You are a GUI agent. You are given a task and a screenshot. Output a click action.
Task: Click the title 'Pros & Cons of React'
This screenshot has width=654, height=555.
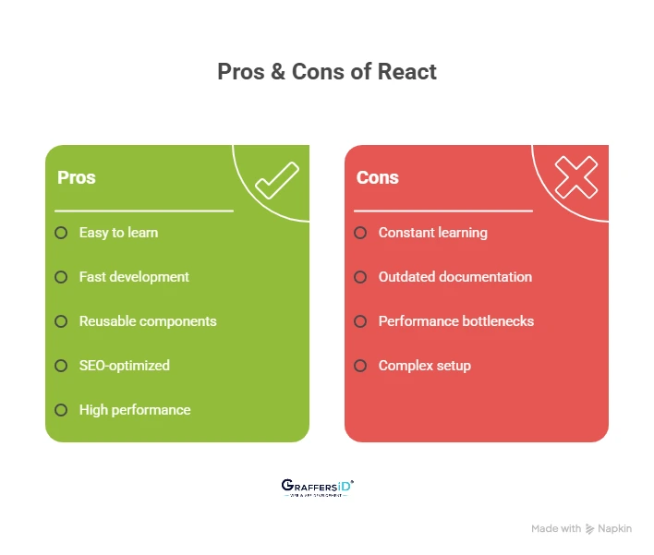point(327,72)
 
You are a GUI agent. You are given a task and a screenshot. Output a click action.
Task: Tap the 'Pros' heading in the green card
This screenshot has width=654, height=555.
point(77,177)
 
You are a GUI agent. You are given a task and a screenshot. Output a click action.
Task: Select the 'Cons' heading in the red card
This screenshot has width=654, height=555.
point(378,177)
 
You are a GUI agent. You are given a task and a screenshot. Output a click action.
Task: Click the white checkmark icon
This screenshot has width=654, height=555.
point(276,180)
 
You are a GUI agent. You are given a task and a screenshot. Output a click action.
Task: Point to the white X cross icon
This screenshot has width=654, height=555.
point(575,176)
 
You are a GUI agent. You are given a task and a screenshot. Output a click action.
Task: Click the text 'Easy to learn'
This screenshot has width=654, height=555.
point(118,233)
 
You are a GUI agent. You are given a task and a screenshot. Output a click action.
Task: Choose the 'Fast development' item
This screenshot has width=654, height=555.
point(134,277)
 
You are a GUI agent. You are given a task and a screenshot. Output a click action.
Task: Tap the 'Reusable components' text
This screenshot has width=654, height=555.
point(148,321)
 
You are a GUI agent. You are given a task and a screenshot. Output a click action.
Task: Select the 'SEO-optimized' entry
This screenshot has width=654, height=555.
point(125,366)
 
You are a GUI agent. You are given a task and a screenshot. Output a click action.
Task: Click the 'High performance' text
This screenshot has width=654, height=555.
point(135,410)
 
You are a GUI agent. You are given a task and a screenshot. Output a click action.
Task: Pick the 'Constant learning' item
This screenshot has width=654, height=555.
point(432,233)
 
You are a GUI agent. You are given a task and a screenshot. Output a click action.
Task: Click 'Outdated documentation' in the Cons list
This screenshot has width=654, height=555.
point(455,277)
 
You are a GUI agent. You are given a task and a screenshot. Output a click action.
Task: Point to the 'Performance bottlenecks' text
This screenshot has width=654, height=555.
point(456,321)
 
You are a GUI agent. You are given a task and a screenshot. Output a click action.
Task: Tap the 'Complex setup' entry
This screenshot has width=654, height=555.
point(425,366)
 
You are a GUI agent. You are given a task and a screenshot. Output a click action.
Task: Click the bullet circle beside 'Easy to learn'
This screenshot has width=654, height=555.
point(61,233)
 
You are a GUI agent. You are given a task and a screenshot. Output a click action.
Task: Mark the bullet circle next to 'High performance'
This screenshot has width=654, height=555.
point(61,410)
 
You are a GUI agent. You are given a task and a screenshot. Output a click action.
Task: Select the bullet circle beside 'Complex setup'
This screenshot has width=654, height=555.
point(360,366)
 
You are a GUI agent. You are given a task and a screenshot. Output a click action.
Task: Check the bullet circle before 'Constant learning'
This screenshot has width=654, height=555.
point(360,233)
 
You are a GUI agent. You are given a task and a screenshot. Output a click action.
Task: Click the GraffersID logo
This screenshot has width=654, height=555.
point(317,488)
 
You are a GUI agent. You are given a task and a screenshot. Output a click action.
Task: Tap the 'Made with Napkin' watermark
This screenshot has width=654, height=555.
point(581,529)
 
